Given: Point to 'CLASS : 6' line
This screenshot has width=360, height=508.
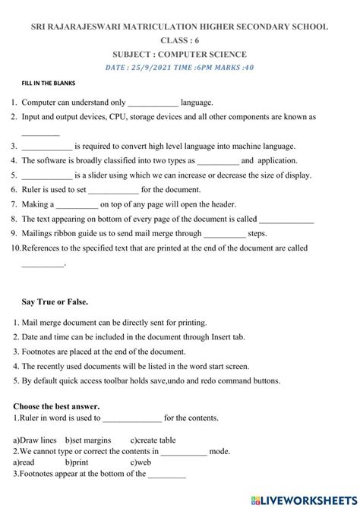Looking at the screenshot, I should pyautogui.click(x=179, y=40).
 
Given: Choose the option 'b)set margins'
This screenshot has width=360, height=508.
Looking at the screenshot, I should pyautogui.click(x=88, y=440).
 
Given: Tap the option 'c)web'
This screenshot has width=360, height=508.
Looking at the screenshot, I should pyautogui.click(x=141, y=462).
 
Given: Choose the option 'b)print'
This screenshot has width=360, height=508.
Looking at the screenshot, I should pyautogui.click(x=77, y=462).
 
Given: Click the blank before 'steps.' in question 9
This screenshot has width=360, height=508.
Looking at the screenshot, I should pyautogui.click(x=225, y=235).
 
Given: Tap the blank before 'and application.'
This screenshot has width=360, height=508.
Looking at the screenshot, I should pyautogui.click(x=217, y=161).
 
